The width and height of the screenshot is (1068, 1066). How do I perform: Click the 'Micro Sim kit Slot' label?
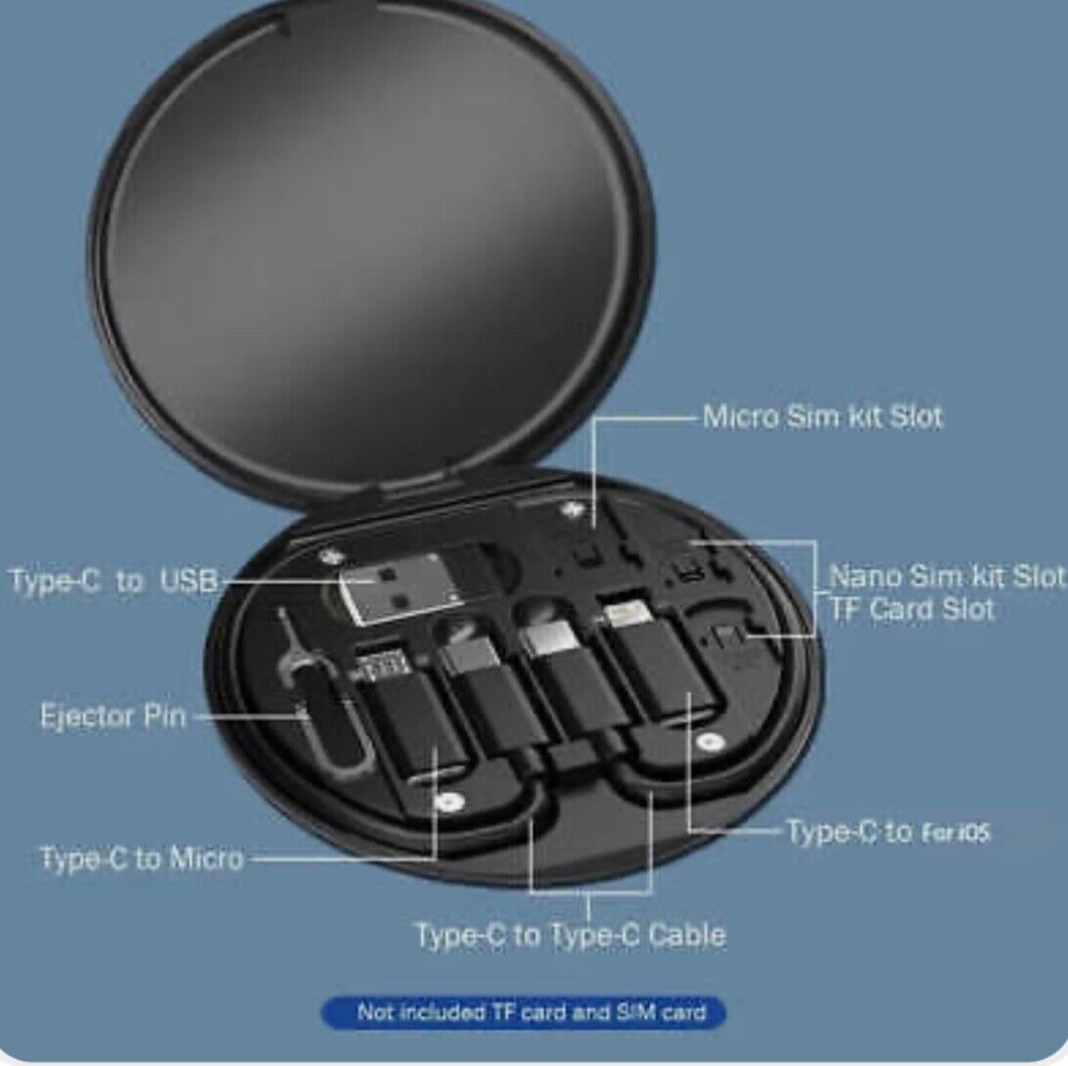coord(822,417)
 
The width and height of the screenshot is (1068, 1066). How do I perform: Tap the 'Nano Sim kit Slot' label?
coord(946,576)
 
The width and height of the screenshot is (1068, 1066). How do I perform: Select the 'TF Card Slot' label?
coord(911,609)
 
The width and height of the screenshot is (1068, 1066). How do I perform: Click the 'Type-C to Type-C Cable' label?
coord(571,935)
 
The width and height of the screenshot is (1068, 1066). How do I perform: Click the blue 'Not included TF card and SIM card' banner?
coord(525,1011)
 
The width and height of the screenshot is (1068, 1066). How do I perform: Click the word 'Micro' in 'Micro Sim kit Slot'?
coord(742,417)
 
